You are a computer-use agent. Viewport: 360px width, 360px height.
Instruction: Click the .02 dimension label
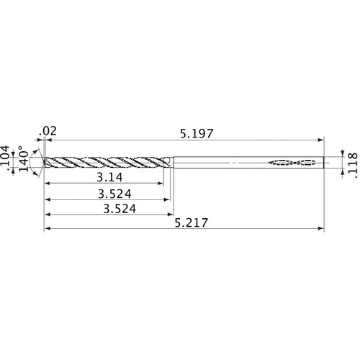[x=50, y=130]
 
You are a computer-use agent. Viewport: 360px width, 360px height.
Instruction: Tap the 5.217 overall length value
[x=192, y=224]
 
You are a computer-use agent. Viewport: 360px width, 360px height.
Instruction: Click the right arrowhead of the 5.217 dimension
[x=322, y=230]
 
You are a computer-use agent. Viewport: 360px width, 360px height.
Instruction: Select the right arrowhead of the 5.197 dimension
[x=322, y=140]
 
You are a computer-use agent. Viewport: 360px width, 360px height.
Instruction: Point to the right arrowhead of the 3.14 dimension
[x=162, y=184]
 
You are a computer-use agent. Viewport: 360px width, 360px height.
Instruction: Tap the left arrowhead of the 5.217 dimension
[x=48, y=230]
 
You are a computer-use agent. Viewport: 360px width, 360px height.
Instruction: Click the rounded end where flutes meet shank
[x=169, y=162]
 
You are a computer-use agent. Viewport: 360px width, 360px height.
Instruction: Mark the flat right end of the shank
[x=325, y=162]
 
